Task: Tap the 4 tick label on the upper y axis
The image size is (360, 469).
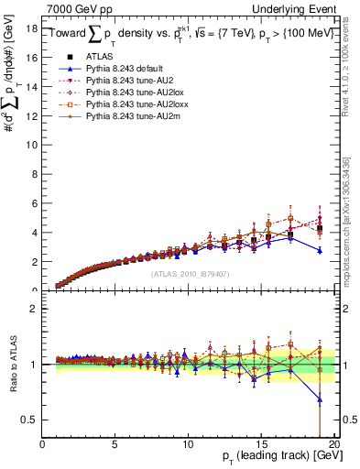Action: (35, 233)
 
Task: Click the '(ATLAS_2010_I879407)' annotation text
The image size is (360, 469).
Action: (191, 274)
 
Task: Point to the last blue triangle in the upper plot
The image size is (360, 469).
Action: (319, 250)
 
